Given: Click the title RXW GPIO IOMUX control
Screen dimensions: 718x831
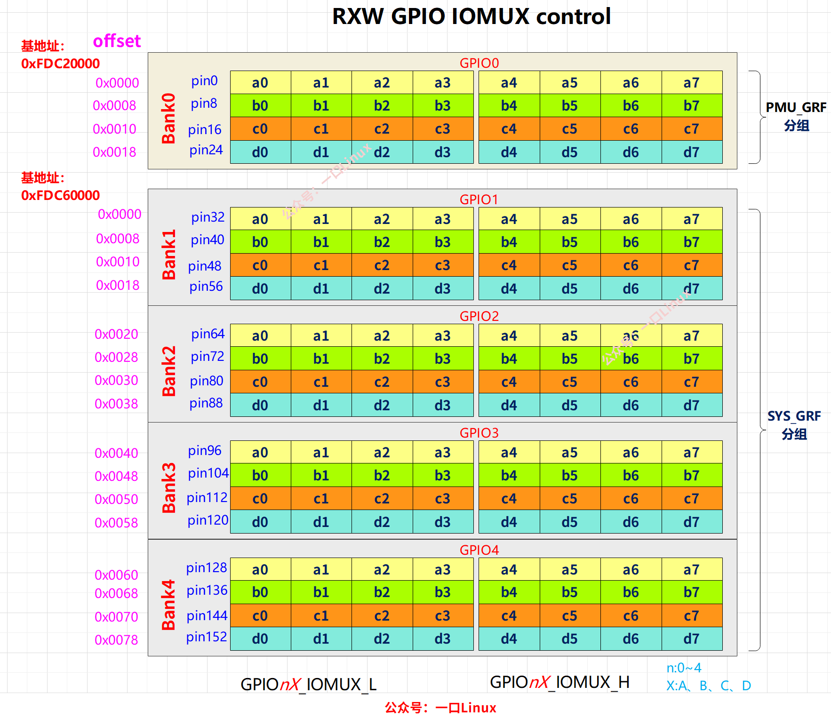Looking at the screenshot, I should coord(471,16).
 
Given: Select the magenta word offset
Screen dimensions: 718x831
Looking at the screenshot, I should coord(117,41).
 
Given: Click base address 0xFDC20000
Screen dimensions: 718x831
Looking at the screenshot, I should coord(60,64).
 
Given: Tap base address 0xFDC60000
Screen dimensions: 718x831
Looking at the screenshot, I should coord(60,195).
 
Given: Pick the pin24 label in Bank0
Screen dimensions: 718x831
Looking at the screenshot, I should coord(206,150).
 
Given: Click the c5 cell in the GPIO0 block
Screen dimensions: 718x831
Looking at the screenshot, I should coord(569,129).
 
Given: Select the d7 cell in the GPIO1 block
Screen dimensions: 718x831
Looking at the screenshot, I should coord(691,288).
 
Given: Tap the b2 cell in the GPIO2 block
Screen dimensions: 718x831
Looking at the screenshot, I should coord(382,359).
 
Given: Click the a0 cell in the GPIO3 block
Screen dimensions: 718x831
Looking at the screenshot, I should coord(260,452).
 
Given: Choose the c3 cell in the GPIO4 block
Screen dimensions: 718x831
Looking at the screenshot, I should coord(442,615).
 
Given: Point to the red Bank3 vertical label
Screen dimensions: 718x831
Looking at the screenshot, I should coord(169,487).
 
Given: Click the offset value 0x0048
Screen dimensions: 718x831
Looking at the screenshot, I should coord(116,476).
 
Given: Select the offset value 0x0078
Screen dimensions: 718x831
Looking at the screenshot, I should coord(116,640).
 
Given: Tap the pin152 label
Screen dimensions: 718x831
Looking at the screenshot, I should coord(206,637).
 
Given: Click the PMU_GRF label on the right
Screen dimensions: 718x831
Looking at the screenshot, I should coord(796,107).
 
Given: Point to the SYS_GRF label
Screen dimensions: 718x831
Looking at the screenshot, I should coord(794,416).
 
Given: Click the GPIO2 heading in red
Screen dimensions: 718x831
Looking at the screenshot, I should coord(479,316).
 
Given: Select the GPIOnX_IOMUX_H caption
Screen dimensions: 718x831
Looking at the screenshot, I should coord(559,682).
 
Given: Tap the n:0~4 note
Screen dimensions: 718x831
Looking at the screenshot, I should coord(684,668).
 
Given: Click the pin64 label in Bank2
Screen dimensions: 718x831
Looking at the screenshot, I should coord(208,334).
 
